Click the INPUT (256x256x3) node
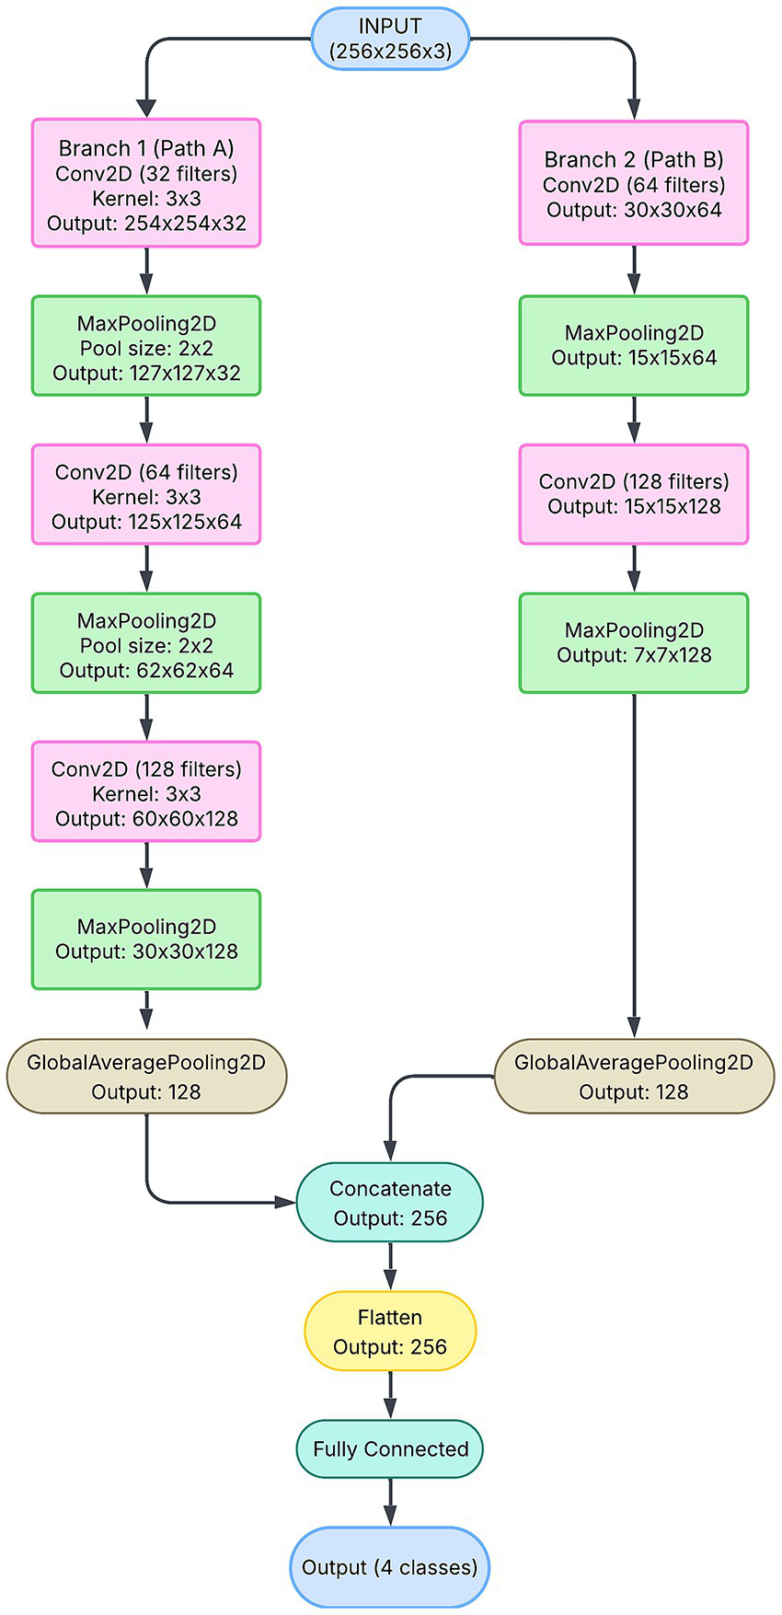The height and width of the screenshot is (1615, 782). click(x=391, y=39)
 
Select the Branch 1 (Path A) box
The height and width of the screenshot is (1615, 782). click(x=146, y=182)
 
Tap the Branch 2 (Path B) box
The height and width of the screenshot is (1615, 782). click(x=634, y=183)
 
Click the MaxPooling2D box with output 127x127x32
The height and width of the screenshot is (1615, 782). click(x=146, y=346)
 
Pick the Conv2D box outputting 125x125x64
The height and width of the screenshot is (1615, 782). click(x=146, y=495)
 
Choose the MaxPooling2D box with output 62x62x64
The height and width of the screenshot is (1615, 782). click(x=146, y=643)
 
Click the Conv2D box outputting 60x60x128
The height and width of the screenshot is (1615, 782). click(x=146, y=791)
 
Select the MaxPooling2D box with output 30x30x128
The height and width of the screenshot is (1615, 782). click(x=146, y=940)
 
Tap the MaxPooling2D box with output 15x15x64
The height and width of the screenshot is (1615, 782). click(x=634, y=346)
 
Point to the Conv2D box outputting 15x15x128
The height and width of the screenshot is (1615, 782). click(x=634, y=495)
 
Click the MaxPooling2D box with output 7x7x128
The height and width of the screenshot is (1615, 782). click(x=634, y=643)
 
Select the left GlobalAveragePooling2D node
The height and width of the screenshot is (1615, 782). click(x=146, y=1077)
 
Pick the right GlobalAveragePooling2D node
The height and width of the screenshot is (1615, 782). click(x=634, y=1077)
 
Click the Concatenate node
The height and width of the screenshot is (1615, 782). click(x=390, y=1202)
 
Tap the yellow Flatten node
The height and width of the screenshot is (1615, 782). click(x=390, y=1332)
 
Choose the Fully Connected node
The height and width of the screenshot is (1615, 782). click(x=390, y=1448)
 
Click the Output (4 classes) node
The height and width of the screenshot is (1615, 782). click(x=390, y=1567)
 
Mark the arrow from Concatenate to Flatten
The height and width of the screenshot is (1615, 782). click(x=390, y=1266)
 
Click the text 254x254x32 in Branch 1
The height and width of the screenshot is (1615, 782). click(x=185, y=224)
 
